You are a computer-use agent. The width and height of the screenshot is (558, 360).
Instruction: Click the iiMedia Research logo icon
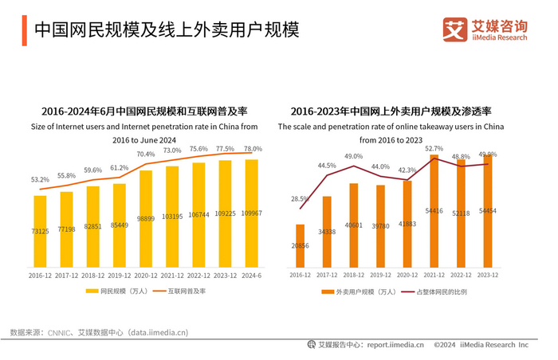(x=455, y=29)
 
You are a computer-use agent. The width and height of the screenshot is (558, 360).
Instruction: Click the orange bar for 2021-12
(x=435, y=211)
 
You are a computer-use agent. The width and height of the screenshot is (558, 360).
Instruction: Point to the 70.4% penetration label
(x=146, y=154)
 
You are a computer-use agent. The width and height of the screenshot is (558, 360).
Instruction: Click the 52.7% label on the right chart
(x=434, y=148)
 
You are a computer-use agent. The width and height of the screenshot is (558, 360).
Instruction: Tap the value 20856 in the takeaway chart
(x=300, y=247)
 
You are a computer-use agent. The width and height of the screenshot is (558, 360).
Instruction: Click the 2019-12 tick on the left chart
(x=119, y=276)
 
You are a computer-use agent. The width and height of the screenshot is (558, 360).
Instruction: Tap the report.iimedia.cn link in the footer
(x=389, y=345)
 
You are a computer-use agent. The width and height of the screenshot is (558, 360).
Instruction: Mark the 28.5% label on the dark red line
(x=300, y=198)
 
